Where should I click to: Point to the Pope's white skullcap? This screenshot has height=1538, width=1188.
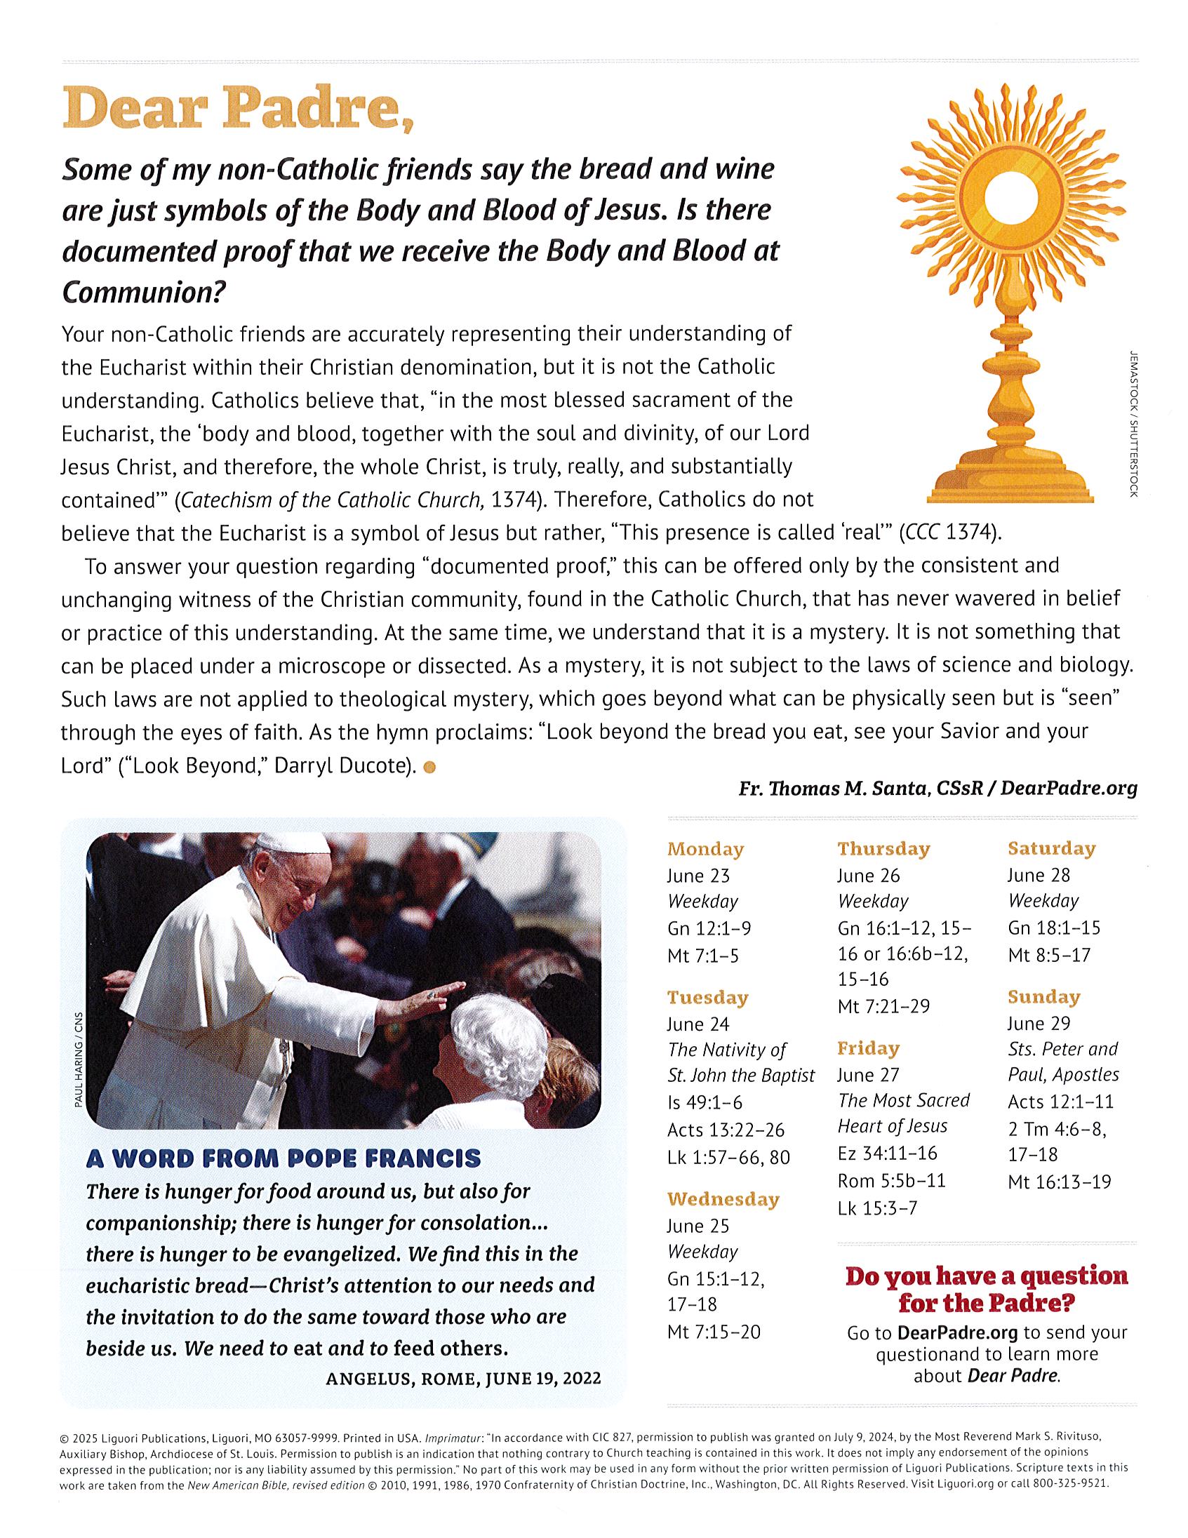[x=292, y=842]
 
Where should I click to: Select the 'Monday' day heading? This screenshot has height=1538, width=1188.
[x=705, y=849]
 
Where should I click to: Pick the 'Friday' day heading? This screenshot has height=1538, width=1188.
[x=867, y=1048]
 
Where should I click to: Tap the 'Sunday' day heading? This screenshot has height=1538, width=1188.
[x=1043, y=997]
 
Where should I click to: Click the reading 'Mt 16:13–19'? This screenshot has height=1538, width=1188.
[x=1059, y=1181]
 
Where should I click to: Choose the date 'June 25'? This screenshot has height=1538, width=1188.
[x=698, y=1226]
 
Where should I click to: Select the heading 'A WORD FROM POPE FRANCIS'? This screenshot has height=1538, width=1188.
[x=283, y=1158]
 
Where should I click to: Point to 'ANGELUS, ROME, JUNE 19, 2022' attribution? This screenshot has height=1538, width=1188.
[x=463, y=1379]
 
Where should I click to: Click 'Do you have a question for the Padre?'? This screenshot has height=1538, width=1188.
[x=986, y=1290]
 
